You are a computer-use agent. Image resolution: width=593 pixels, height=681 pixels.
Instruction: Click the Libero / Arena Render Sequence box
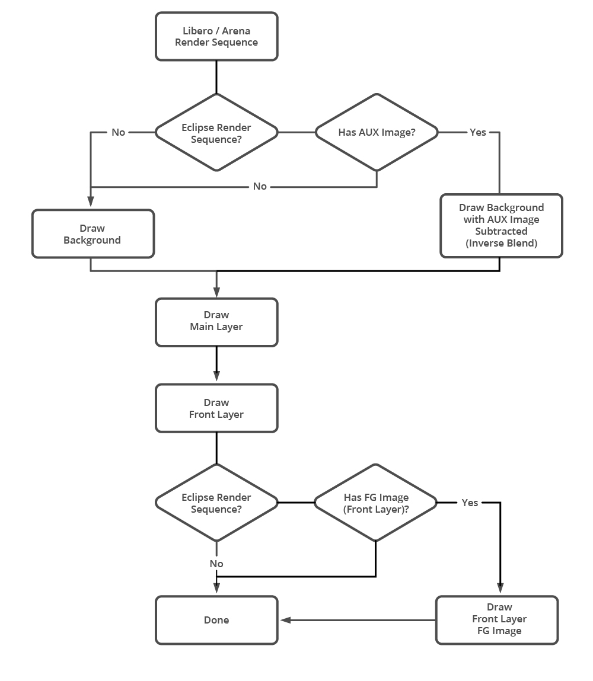(x=216, y=37)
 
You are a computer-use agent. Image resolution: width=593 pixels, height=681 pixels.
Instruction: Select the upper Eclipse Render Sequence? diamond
(x=216, y=133)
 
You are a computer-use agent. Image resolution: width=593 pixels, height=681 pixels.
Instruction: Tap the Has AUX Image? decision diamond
(x=377, y=132)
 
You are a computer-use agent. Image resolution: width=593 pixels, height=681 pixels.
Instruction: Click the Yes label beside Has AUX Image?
(x=478, y=132)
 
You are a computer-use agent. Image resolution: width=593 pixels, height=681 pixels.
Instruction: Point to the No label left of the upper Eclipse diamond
(x=119, y=132)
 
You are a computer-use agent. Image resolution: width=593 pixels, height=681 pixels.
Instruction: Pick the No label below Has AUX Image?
(x=260, y=186)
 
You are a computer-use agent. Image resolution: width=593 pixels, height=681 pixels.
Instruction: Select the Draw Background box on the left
(x=93, y=234)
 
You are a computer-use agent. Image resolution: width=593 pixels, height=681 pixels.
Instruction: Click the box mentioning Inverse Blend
(x=501, y=226)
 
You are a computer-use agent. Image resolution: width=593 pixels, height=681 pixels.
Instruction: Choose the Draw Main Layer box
(x=216, y=321)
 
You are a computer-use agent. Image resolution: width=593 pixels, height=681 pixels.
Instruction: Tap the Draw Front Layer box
(x=216, y=408)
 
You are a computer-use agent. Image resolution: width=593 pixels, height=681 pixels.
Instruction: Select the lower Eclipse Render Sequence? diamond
(x=216, y=503)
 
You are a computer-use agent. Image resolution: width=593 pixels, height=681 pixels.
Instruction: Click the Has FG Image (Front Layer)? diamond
(x=376, y=503)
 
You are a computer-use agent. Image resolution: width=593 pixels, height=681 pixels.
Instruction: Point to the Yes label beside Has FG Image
(x=470, y=503)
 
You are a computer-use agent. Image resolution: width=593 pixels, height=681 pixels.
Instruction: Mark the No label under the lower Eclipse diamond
(x=216, y=564)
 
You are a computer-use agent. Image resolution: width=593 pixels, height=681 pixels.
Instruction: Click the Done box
(x=216, y=620)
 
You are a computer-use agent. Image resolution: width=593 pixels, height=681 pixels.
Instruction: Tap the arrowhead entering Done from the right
(x=285, y=620)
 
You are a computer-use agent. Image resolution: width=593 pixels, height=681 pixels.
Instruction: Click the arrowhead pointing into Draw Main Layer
(x=216, y=292)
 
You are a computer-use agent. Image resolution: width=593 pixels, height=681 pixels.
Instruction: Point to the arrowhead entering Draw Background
(x=91, y=203)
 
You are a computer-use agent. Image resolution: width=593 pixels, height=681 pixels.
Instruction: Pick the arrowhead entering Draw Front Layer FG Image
(x=500, y=589)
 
